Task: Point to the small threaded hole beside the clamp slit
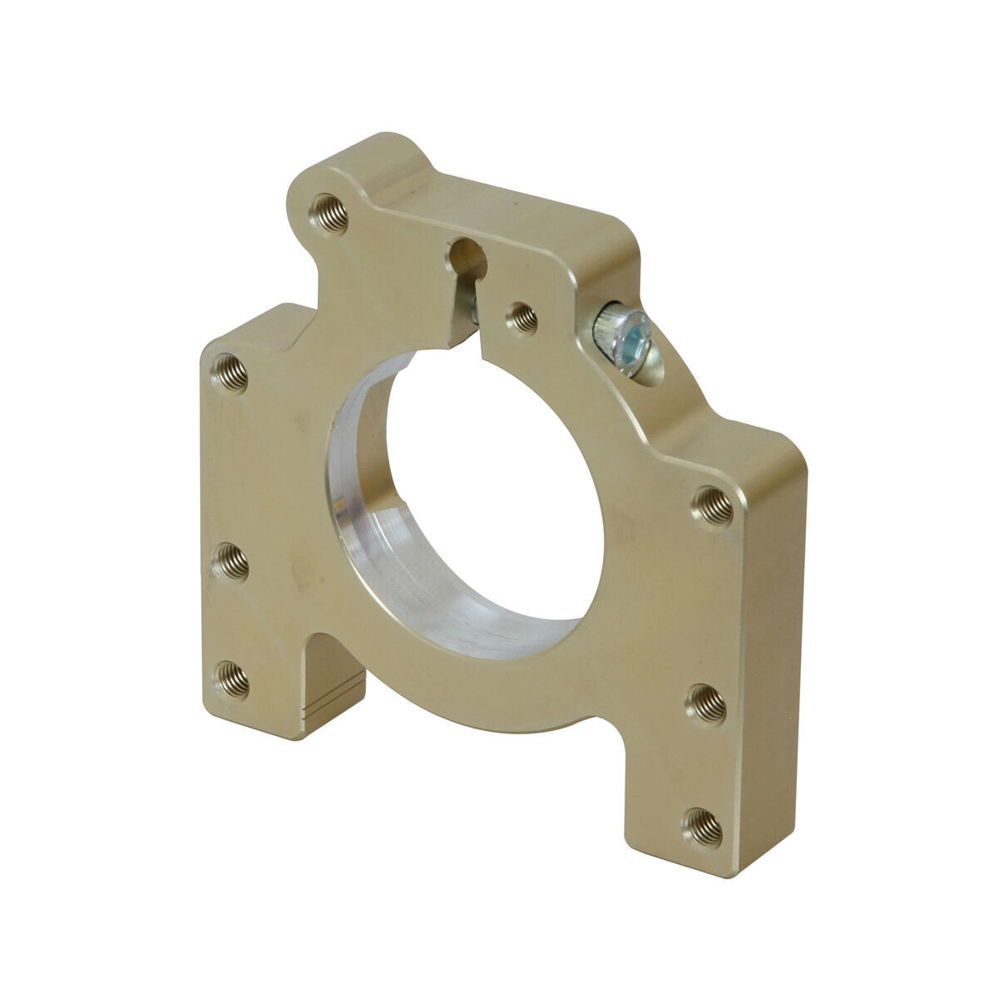click(522, 318)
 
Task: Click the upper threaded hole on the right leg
click(714, 505)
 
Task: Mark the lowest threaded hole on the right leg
click(703, 826)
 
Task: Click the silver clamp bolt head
click(625, 342)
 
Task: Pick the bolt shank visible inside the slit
click(472, 309)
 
